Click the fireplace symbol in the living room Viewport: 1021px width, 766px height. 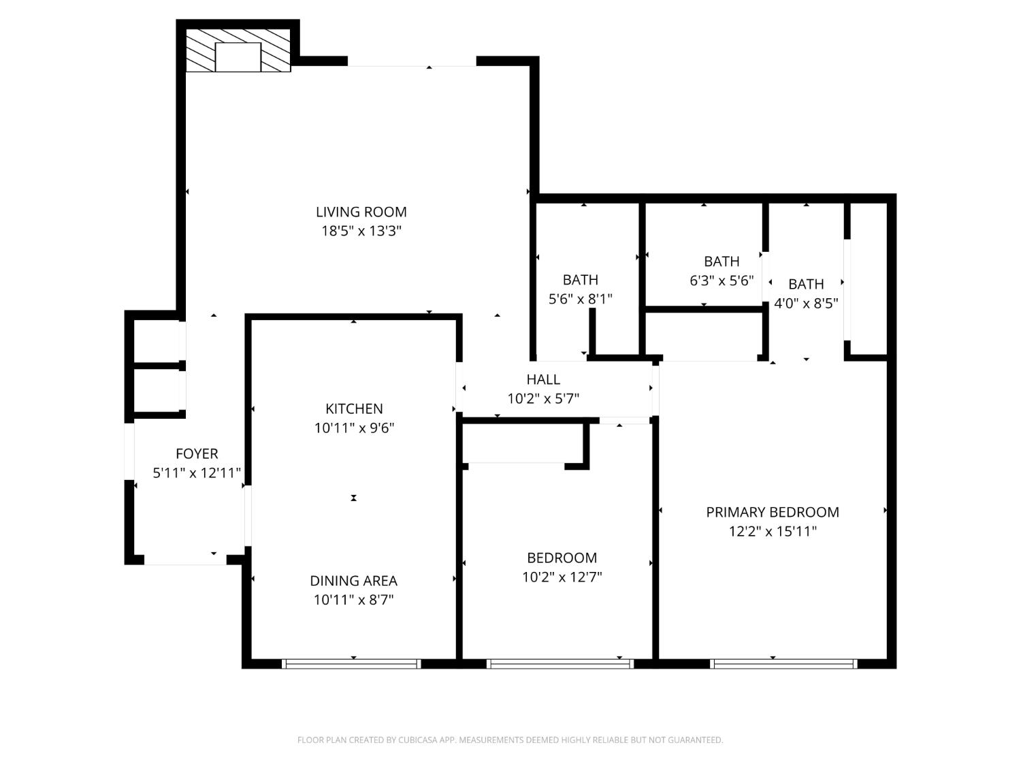pyautogui.click(x=238, y=51)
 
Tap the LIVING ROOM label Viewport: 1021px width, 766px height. pyautogui.click(x=361, y=212)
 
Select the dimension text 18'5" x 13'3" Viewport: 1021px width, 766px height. pyautogui.click(x=361, y=231)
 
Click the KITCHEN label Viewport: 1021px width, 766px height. pyautogui.click(x=354, y=409)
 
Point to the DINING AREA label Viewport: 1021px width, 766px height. pyautogui.click(x=353, y=581)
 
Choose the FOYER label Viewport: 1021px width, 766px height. pyautogui.click(x=197, y=453)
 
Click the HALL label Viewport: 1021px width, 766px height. pyautogui.click(x=543, y=379)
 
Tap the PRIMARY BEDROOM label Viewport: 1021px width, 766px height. pyautogui.click(x=773, y=512)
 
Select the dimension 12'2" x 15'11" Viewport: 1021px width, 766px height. pyautogui.click(x=773, y=531)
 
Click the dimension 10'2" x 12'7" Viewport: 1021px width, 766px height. pyautogui.click(x=562, y=577)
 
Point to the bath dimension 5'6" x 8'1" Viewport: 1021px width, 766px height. pyautogui.click(x=580, y=298)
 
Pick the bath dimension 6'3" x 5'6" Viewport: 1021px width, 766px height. pyautogui.click(x=722, y=281)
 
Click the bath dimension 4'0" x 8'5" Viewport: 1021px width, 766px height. pyautogui.click(x=806, y=303)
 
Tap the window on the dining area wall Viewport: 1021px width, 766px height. pyautogui.click(x=351, y=663)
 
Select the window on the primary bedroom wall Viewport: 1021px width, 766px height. pyautogui.click(x=783, y=663)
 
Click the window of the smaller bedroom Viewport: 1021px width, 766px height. pyautogui.click(x=560, y=663)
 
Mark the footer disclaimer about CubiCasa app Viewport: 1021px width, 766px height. pyautogui.click(x=510, y=740)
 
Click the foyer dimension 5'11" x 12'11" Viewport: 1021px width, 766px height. pyautogui.click(x=197, y=473)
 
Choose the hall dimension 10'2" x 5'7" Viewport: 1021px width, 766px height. pyautogui.click(x=543, y=398)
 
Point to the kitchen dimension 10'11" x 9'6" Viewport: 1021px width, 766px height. pyautogui.click(x=354, y=428)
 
